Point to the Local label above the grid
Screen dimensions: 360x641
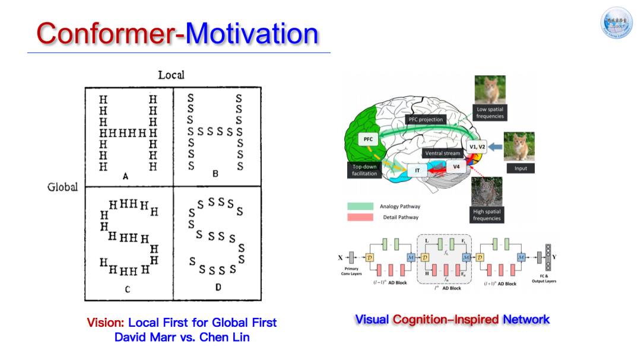coord(171,75)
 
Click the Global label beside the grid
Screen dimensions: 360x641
coord(62,187)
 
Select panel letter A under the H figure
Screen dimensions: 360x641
coord(125,176)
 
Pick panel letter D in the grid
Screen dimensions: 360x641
coord(218,288)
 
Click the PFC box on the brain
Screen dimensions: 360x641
coord(368,139)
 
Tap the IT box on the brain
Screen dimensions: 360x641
coord(417,170)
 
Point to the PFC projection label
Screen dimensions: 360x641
coord(426,119)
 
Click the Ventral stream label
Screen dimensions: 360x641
coord(442,154)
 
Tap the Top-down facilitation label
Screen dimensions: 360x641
coord(364,170)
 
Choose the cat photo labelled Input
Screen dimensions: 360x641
coord(519,146)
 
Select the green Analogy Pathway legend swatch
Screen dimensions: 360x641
coord(360,206)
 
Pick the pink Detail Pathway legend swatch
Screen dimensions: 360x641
coord(360,217)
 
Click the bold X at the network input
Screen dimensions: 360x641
coord(340,257)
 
